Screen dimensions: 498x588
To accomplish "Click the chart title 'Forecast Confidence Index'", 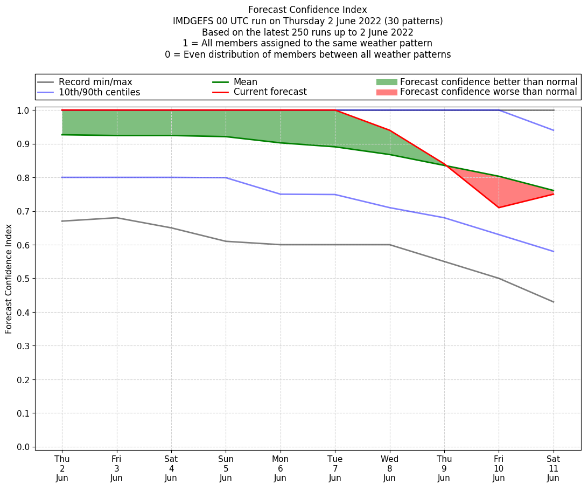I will [x=307, y=10].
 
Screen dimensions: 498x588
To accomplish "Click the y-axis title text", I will [x=9, y=279].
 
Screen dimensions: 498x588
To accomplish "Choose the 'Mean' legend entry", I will [x=245, y=82].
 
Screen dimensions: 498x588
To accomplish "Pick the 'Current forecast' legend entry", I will [x=270, y=92].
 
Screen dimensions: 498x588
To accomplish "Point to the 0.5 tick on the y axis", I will [x=24, y=279].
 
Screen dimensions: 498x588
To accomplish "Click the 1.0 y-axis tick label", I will [x=24, y=110].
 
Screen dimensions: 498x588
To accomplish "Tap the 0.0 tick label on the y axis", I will [x=24, y=447].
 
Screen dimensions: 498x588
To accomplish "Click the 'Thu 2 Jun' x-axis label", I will [x=62, y=468].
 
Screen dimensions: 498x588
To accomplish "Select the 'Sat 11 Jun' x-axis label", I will [x=553, y=468].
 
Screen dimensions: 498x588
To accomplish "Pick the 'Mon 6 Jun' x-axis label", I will [x=281, y=468].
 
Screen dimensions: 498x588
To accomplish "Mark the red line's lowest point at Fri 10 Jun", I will [x=499, y=207].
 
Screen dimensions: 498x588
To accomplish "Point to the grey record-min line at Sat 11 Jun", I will [x=553, y=302].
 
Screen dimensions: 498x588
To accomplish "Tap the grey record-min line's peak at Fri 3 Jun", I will [x=117, y=218].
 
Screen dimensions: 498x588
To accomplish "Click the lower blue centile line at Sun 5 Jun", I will [x=226, y=178].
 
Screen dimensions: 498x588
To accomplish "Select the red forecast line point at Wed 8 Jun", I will [x=389, y=130].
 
